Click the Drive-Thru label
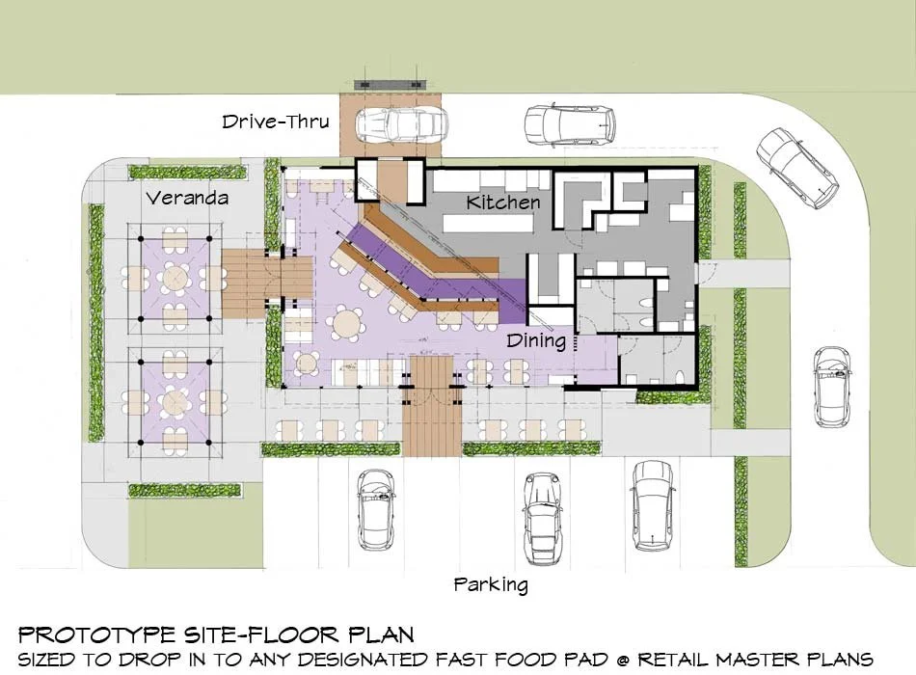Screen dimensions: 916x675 point(275,121)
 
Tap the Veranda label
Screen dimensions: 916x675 point(187,198)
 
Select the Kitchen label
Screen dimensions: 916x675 point(503,202)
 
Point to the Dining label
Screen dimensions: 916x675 point(536,340)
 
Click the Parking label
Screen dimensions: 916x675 point(491,584)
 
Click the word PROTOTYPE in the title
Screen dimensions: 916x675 point(97,634)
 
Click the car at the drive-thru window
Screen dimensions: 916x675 point(402,124)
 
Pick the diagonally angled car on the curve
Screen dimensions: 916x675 point(797,167)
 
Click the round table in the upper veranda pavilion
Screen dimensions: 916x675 point(175,274)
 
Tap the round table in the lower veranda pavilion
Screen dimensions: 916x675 point(175,401)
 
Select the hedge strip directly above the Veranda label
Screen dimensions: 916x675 point(187,173)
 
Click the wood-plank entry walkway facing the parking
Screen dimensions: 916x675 point(432,405)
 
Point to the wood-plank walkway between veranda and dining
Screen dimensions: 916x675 point(267,283)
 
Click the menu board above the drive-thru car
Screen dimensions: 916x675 point(391,84)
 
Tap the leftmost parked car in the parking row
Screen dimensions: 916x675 point(376,509)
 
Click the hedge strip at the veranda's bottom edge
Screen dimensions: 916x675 point(184,490)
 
